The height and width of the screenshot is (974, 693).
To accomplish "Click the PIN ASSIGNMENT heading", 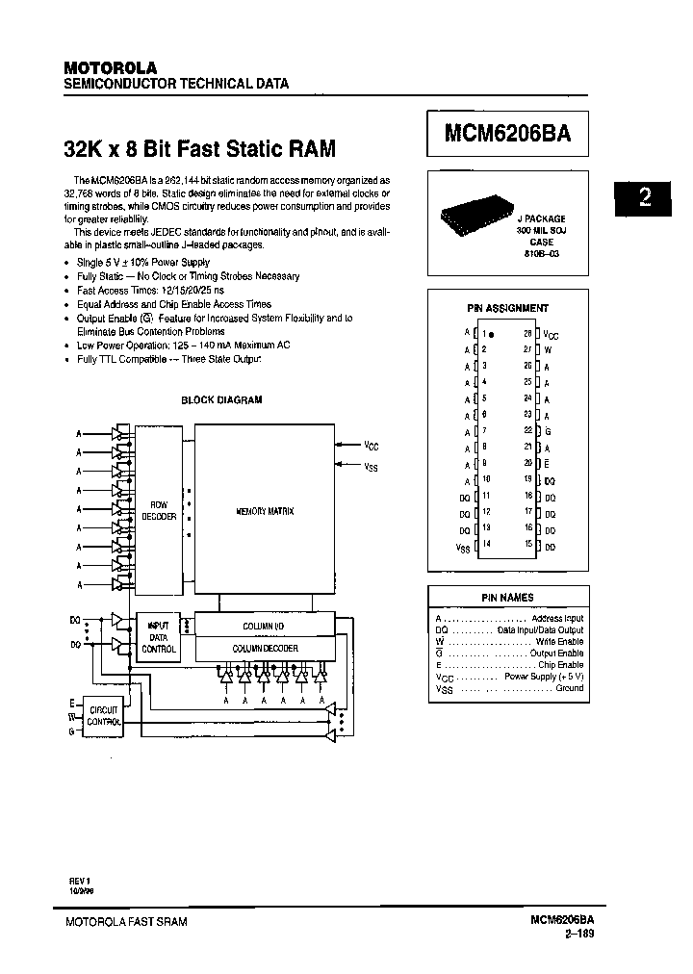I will pos(507,308).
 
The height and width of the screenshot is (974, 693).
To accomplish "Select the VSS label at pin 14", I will pos(462,545).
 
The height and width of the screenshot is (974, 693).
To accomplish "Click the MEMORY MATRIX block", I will pos(265,510).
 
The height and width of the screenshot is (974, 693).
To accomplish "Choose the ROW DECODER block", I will pos(159,510).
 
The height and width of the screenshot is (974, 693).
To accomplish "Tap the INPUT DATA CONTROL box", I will pos(159,637).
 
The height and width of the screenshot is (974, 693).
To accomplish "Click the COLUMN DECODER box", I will pos(265,649).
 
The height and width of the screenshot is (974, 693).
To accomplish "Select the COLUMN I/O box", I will pos(265,626).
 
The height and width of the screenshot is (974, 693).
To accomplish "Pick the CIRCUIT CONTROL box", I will pos(103,715).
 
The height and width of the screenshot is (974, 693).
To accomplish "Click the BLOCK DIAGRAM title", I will pos(221,399).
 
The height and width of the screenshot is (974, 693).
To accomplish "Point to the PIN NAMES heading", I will pos(507,598).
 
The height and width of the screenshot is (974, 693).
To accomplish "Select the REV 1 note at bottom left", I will pos(77,879).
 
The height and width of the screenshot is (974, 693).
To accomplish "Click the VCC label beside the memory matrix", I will pos(372,446).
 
